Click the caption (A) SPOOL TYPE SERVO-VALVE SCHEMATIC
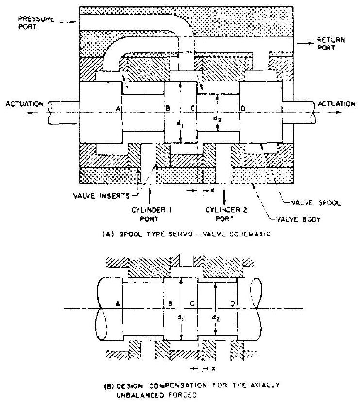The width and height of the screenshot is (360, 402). click(180, 233)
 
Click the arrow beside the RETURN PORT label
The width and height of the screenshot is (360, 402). click(306, 43)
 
